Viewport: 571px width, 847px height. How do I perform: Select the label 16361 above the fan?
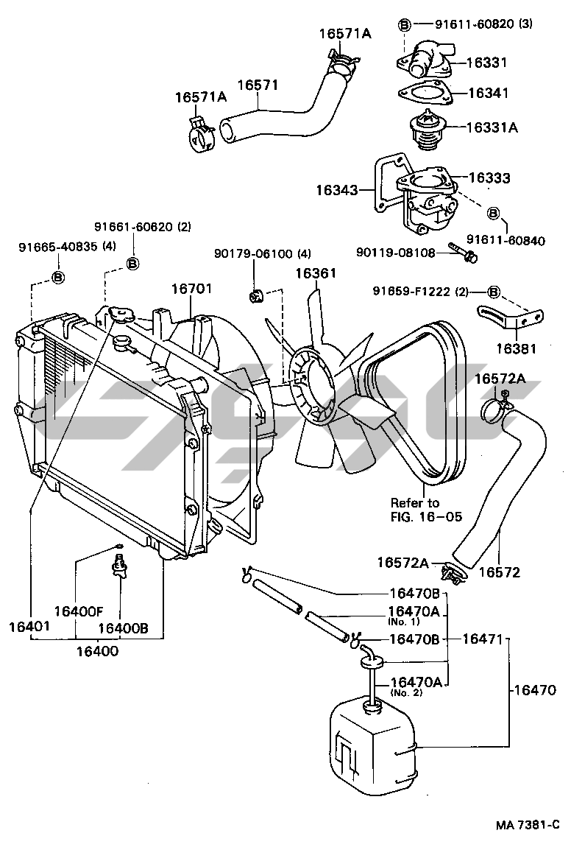click(x=316, y=274)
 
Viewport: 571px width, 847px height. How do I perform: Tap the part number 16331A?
click(x=492, y=127)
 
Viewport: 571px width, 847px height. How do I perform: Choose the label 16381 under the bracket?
click(x=515, y=348)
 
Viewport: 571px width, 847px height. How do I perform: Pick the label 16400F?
click(x=77, y=611)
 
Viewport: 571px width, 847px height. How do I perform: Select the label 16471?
click(x=481, y=639)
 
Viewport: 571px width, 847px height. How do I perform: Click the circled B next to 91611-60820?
click(x=405, y=24)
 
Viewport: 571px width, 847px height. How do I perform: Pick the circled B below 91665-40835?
click(x=58, y=277)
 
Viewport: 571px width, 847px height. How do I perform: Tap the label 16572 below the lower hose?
click(x=500, y=571)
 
